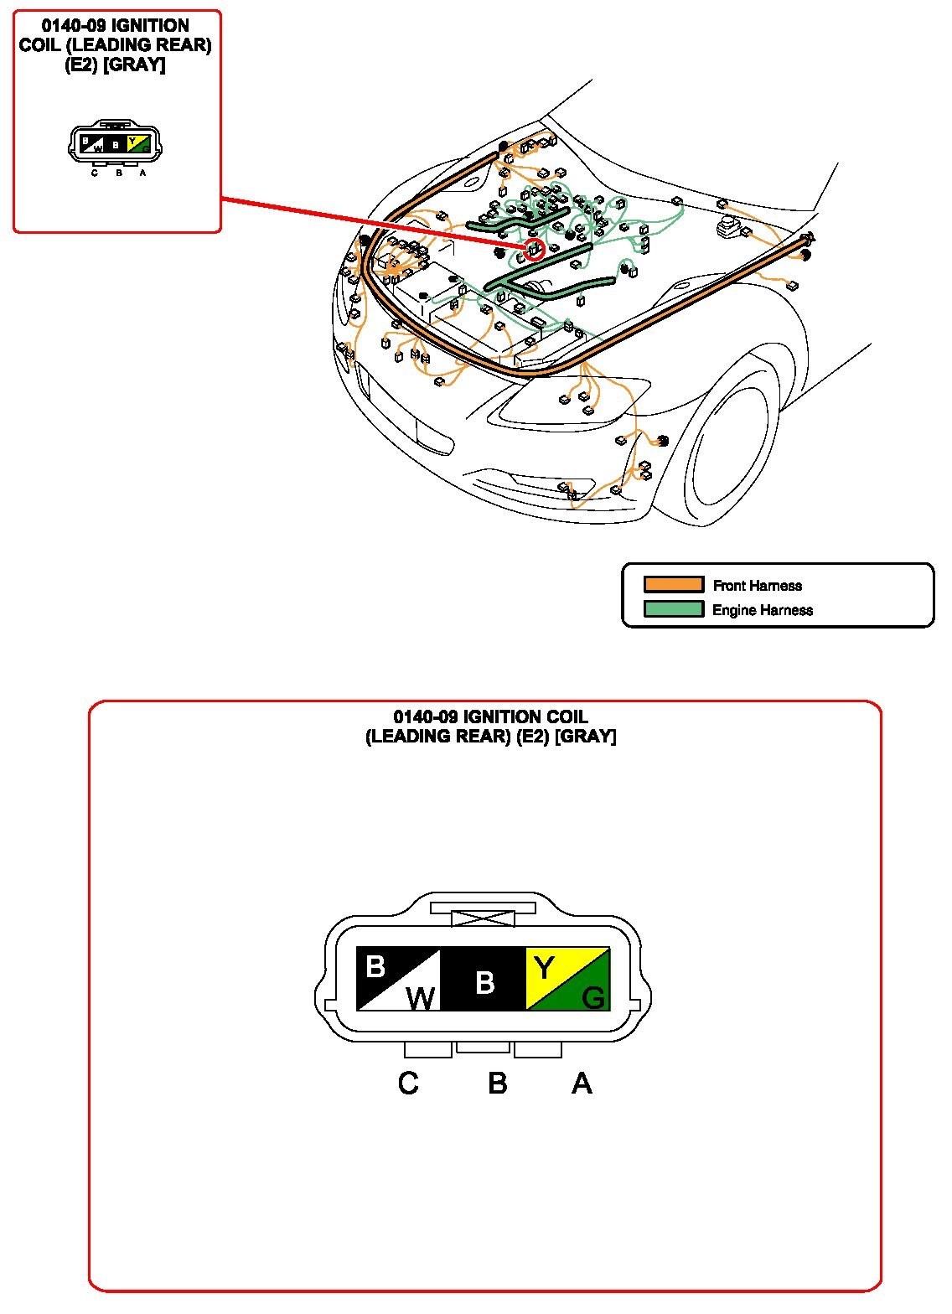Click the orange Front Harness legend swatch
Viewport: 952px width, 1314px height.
point(673,584)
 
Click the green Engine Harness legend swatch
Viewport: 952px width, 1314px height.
point(673,609)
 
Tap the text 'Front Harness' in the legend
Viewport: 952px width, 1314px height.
point(757,586)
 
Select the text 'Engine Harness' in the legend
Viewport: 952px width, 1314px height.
point(762,610)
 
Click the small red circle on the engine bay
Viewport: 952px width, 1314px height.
point(534,249)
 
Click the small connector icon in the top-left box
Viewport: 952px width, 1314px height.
point(115,144)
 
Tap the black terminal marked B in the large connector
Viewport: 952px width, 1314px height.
point(484,980)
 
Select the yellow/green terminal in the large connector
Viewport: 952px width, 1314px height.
point(567,980)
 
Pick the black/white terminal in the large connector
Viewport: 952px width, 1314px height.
point(399,980)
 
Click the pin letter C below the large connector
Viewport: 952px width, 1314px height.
point(408,1084)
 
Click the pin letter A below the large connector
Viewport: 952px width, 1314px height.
point(582,1084)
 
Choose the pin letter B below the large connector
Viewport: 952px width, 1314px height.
point(497,1084)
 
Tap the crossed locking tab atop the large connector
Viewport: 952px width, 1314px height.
point(484,918)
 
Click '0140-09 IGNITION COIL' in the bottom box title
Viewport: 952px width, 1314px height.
point(490,717)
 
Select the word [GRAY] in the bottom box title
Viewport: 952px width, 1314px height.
point(586,737)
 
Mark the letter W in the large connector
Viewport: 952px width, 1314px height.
point(422,998)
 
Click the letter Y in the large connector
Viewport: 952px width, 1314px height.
point(545,969)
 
